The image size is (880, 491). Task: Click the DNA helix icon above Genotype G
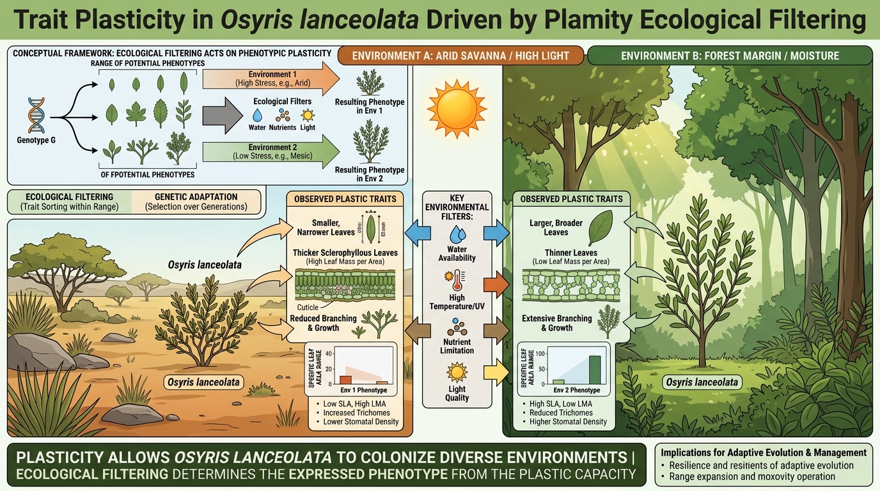[33, 117]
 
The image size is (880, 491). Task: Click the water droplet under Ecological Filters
[257, 115]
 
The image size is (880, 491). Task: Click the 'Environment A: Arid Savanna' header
[461, 56]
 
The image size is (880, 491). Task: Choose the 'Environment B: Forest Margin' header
[730, 56]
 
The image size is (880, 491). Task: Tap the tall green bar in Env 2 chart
[594, 369]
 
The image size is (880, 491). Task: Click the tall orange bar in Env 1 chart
[345, 379]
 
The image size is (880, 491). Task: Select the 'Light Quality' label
[457, 393]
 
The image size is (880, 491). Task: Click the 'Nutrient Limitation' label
[457, 346]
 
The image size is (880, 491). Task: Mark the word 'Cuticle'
[308, 308]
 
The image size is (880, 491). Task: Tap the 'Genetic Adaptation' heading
[196, 197]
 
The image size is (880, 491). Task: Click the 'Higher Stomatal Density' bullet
[568, 421]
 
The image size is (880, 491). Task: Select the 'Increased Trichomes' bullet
[356, 412]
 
